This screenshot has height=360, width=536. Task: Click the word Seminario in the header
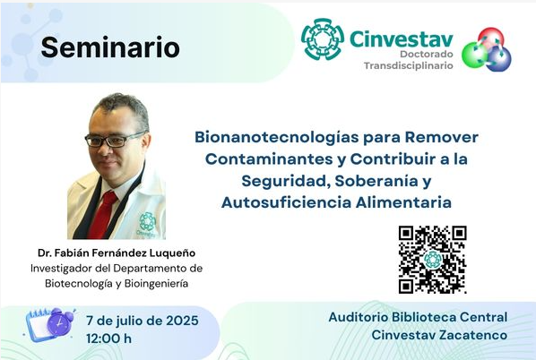pos(110,47)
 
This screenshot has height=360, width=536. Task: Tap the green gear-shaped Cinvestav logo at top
pos(323,39)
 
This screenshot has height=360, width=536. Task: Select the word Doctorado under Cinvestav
pos(427,54)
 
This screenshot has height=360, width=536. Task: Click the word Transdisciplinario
pos(409,65)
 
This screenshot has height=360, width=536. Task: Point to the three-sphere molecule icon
pos(487,49)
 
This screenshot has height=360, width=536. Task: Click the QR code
pos(432,260)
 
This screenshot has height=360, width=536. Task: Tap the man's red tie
pos(102,215)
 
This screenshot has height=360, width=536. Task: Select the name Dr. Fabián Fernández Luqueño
pos(117,253)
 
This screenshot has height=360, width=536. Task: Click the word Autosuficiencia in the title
pos(287,202)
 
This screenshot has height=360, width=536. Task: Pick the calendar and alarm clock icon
pos(50,324)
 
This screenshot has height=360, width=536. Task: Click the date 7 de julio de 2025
pos(143,321)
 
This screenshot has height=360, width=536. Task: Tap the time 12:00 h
pos(108,339)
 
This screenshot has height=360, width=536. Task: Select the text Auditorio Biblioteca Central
pos(418,317)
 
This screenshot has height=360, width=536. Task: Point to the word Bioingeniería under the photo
pos(156,284)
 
